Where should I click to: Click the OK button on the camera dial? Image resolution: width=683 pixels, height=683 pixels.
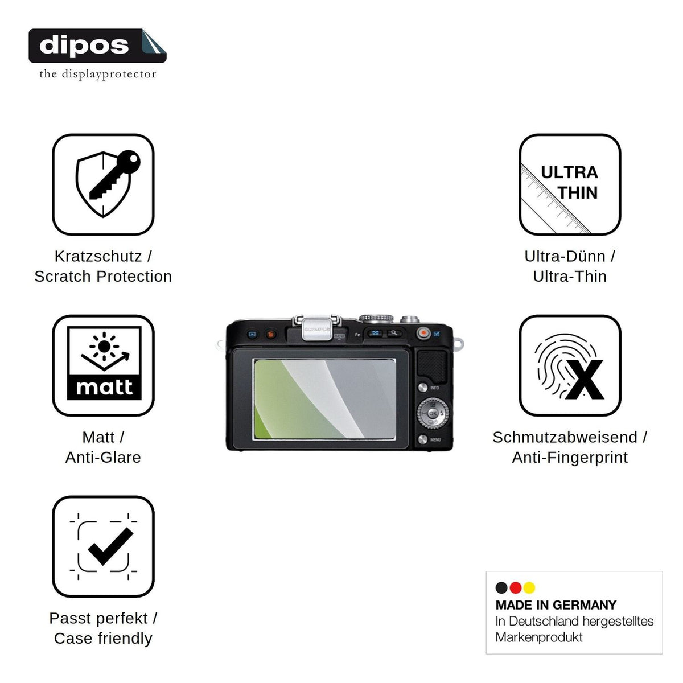433,413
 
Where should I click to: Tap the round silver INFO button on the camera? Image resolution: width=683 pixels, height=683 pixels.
422,388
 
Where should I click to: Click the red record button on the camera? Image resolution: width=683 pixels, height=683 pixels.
423,333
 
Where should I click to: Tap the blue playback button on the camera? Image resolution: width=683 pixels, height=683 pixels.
252,334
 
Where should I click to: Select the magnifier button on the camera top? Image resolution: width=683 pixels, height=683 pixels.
394,333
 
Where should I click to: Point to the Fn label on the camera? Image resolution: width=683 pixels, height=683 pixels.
357,335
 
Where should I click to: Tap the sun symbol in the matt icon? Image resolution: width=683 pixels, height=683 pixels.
104,346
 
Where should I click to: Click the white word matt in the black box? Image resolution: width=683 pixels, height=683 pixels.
104,387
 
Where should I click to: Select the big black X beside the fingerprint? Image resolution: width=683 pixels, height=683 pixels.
585,380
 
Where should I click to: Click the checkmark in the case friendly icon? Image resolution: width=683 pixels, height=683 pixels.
110,546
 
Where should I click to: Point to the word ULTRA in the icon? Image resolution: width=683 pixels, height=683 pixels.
569,172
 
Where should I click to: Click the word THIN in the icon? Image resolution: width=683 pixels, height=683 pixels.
578,193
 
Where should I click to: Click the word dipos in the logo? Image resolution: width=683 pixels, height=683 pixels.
84,46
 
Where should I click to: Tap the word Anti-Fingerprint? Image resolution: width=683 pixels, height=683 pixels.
570,458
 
